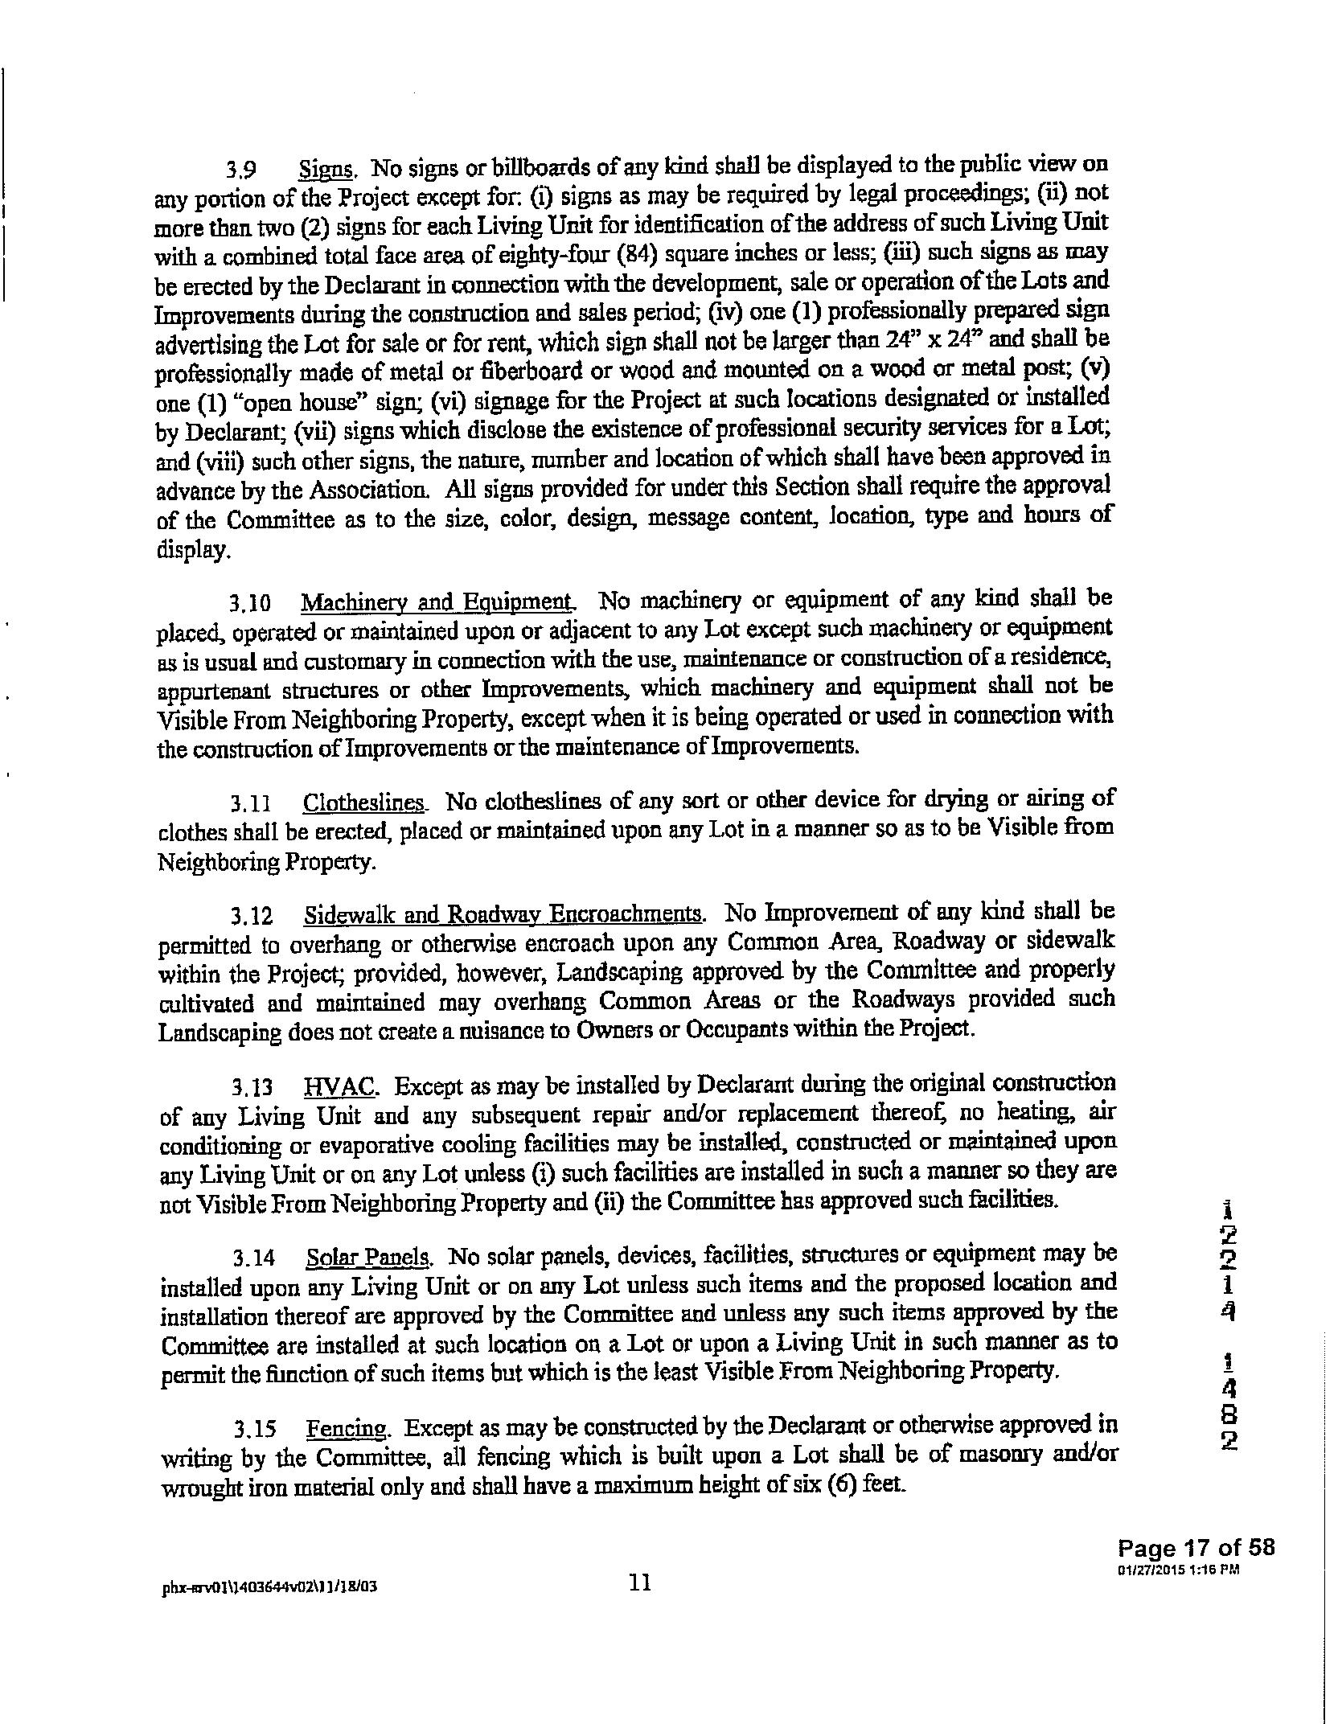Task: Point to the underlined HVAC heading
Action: (340, 1088)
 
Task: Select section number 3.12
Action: (251, 916)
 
